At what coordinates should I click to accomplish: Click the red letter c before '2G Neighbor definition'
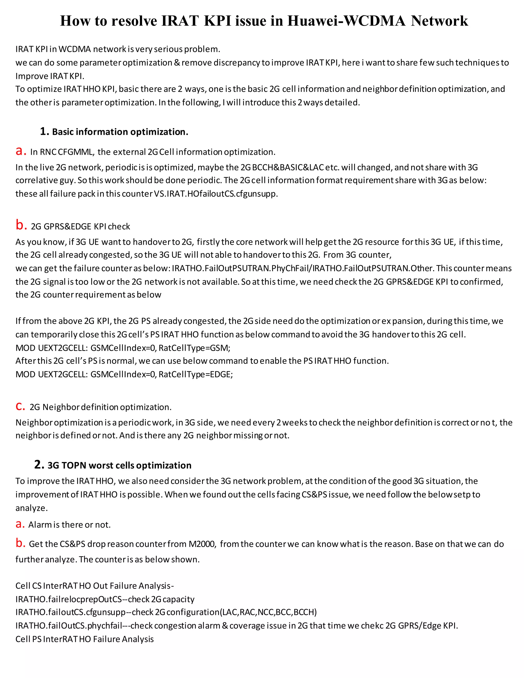[20, 406]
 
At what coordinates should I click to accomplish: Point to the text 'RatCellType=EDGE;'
[195, 374]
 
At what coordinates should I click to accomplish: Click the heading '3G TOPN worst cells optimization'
[119, 465]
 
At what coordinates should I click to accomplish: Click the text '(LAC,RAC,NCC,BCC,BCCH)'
[268, 612]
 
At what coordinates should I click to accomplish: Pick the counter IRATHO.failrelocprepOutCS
[69, 599]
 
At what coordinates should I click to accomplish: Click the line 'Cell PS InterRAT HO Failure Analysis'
[84, 639]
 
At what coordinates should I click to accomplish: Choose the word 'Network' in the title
[439, 21]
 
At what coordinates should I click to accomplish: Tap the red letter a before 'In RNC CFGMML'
[21, 151]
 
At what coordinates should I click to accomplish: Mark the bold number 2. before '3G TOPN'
[39, 465]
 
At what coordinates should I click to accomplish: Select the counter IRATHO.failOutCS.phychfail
[69, 625]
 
